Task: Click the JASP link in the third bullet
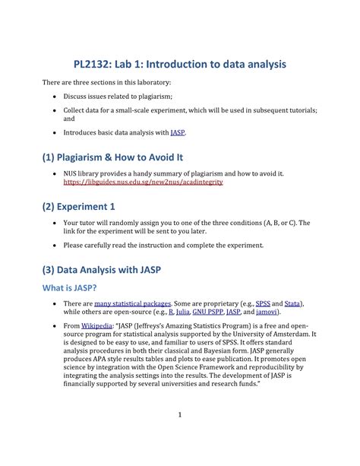coord(178,132)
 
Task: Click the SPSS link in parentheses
coord(262,303)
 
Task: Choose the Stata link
coord(292,303)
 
